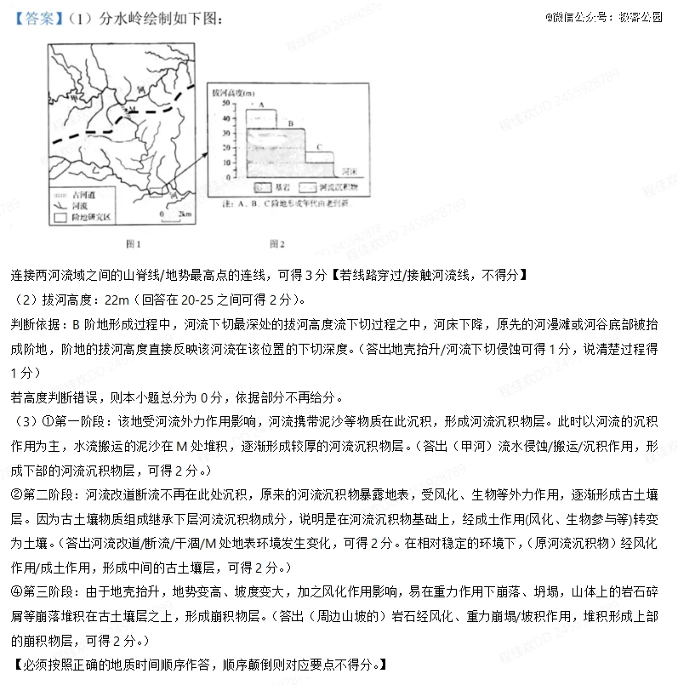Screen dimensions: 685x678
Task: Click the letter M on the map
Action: coord(130,110)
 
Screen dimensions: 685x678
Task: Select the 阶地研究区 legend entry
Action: coord(83,217)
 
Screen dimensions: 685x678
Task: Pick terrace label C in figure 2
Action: coord(320,147)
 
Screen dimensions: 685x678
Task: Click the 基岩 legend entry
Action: coord(271,186)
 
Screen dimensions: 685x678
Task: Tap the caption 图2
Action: coord(276,244)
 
